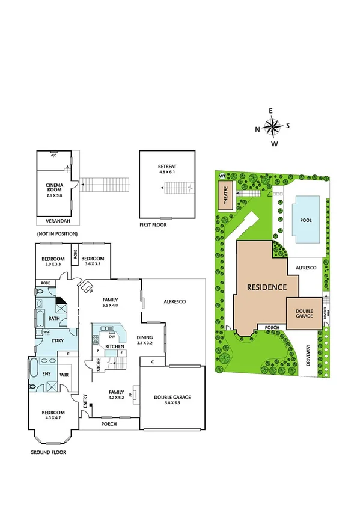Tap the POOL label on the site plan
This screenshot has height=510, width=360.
coord(305,220)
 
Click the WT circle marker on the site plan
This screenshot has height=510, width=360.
coord(222,176)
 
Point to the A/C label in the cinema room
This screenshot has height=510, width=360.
coord(54,155)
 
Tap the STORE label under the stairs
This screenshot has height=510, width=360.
coord(99,364)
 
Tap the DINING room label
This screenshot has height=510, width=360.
coord(144,337)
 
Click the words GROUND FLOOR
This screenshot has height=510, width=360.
coord(48,452)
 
